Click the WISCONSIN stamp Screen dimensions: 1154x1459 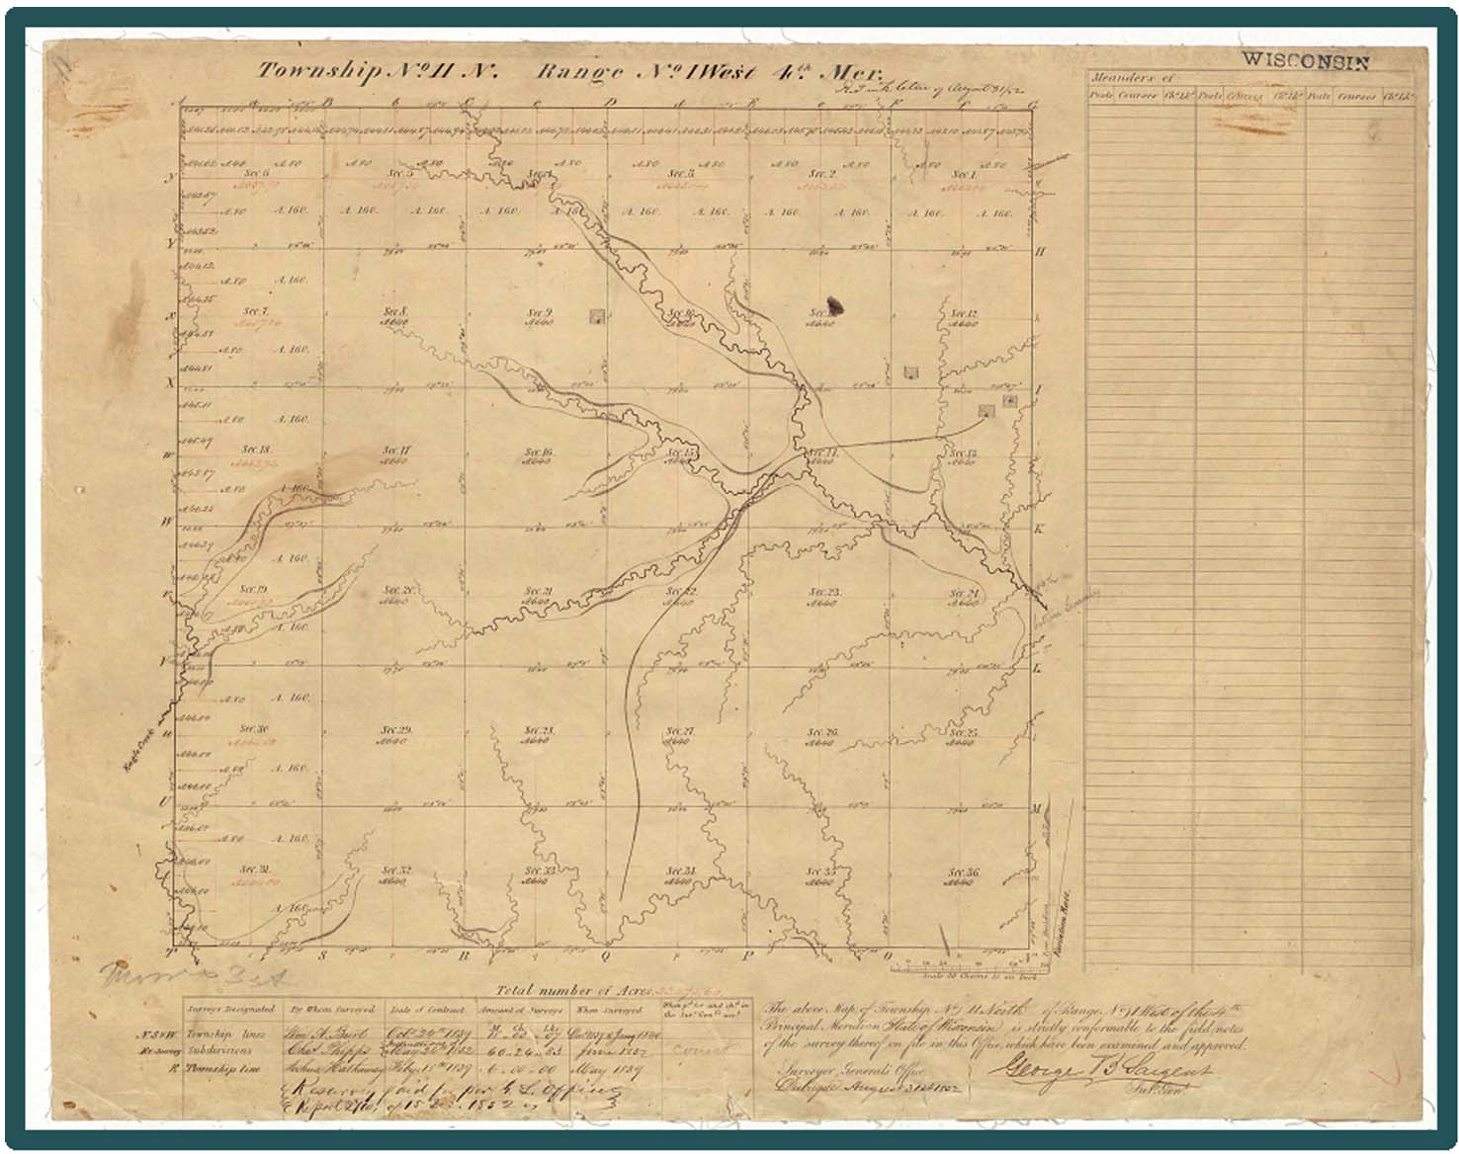[x=1305, y=60]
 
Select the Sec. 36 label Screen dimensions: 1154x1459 [x=963, y=872]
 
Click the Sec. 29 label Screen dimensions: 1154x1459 [x=395, y=730]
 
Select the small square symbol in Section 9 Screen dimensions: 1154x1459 [x=596, y=316]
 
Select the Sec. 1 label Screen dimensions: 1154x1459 [x=963, y=174]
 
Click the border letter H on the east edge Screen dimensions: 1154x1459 [x=1040, y=252]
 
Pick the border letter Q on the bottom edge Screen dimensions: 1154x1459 [x=604, y=955]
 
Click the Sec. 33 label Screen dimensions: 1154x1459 [x=537, y=870]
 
